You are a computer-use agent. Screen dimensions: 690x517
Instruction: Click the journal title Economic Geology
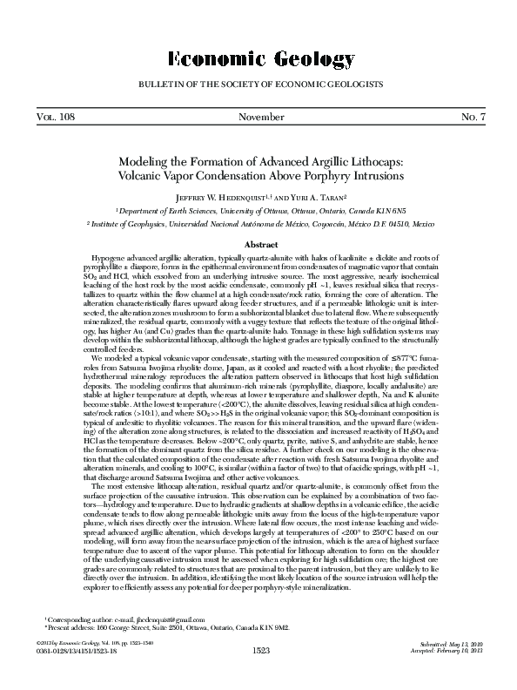[x=258, y=58]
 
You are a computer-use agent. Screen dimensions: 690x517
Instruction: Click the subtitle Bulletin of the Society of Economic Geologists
[x=258, y=85]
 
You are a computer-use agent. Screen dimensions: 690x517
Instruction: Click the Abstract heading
[x=258, y=246]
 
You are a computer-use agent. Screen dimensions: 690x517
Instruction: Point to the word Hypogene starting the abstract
[x=109, y=260]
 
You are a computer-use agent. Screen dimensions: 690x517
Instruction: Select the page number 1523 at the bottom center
[x=258, y=675]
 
